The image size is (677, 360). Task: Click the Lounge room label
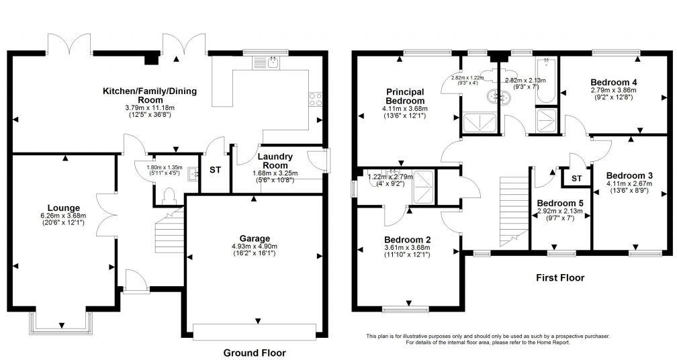(x=64, y=208)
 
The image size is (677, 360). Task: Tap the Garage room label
(x=255, y=238)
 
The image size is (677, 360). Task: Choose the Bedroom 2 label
(x=407, y=239)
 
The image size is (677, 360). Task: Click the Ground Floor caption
(x=254, y=353)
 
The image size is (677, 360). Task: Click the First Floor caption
(x=559, y=277)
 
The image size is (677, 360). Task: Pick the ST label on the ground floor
(x=215, y=171)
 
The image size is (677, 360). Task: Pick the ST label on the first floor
(x=576, y=179)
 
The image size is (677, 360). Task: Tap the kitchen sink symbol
(x=265, y=63)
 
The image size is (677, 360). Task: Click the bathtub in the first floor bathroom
(x=547, y=81)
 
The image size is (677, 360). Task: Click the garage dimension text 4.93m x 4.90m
(x=255, y=247)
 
